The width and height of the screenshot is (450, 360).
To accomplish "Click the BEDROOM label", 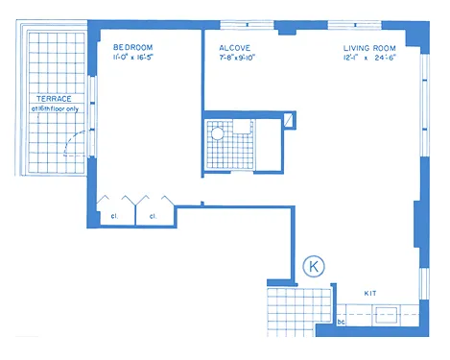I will pyautogui.click(x=132, y=46).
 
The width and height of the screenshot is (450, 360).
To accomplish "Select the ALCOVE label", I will pyautogui.click(x=235, y=46).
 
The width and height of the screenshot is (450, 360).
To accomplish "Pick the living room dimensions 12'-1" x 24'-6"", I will pyautogui.click(x=369, y=57).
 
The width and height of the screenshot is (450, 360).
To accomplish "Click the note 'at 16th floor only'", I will pyautogui.click(x=58, y=108).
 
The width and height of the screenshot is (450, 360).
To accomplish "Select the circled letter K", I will pyautogui.click(x=312, y=266).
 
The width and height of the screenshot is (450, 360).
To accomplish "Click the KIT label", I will pyautogui.click(x=370, y=292).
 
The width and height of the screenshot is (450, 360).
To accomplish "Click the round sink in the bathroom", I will pyautogui.click(x=218, y=136).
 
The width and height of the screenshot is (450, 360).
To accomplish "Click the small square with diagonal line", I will pyautogui.click(x=289, y=120).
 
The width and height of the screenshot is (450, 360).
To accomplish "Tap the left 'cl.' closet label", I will pyautogui.click(x=113, y=216).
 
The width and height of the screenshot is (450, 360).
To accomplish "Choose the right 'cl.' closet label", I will pyautogui.click(x=153, y=216).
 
